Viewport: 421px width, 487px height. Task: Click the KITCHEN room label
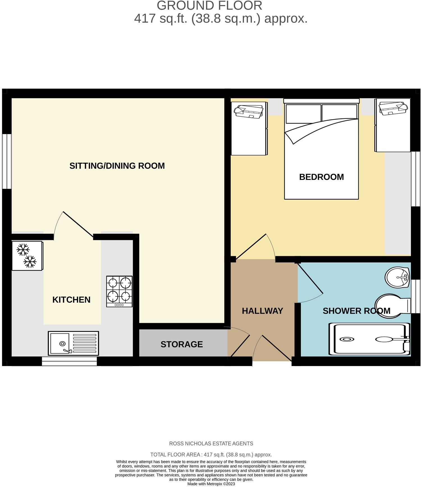(x=71, y=300)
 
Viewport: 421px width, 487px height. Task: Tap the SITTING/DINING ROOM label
(x=117, y=166)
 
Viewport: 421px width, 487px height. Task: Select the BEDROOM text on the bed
(x=321, y=177)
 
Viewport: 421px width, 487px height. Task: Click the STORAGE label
(x=182, y=344)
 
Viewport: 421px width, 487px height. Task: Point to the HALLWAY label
(x=262, y=311)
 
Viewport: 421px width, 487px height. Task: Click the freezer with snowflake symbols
(x=27, y=256)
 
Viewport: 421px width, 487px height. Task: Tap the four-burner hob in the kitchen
(x=119, y=291)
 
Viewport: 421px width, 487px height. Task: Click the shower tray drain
(x=347, y=339)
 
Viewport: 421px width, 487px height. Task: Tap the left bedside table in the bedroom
(x=249, y=128)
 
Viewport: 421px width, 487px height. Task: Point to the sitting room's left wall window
(x=7, y=161)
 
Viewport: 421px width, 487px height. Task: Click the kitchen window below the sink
(x=69, y=361)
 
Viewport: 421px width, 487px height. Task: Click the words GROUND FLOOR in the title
(x=209, y=6)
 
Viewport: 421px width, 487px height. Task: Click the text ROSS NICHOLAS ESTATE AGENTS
(x=211, y=444)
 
